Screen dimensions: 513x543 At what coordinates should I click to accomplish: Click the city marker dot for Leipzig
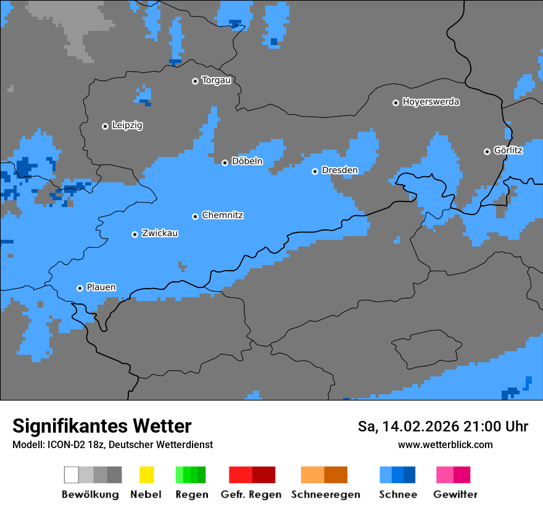[x=105, y=126]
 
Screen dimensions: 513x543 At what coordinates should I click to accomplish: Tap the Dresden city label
[x=339, y=170]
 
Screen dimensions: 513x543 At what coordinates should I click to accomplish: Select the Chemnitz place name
[x=223, y=215]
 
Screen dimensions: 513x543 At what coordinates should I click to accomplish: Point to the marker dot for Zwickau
[x=135, y=234]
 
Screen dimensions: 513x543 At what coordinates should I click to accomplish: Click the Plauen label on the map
[x=101, y=287]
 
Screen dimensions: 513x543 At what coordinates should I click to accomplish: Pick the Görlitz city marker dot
[x=487, y=151]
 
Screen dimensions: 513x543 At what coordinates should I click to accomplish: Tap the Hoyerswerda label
[x=431, y=102]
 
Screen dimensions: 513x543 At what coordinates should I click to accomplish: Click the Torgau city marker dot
[x=195, y=81]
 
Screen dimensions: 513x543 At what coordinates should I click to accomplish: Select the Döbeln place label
[x=247, y=161]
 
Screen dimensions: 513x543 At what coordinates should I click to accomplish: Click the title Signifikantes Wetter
[x=102, y=426]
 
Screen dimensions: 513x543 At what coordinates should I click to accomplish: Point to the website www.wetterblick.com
[x=445, y=445]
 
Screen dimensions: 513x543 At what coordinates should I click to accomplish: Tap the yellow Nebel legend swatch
[x=146, y=475]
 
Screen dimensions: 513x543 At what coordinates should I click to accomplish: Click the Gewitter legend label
[x=455, y=494]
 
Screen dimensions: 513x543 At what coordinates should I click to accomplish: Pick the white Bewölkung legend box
[x=71, y=475]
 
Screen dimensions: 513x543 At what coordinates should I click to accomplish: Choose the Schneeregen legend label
[x=325, y=494]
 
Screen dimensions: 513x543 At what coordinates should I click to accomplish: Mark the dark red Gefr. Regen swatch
[x=263, y=475]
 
